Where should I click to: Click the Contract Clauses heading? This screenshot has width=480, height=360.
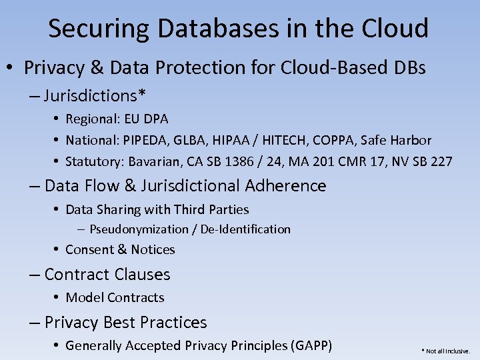[x=107, y=275]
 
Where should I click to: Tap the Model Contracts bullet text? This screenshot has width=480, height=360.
[x=115, y=297]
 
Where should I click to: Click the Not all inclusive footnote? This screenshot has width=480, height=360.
[x=445, y=351]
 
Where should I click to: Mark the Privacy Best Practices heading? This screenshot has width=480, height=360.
[x=125, y=323]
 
